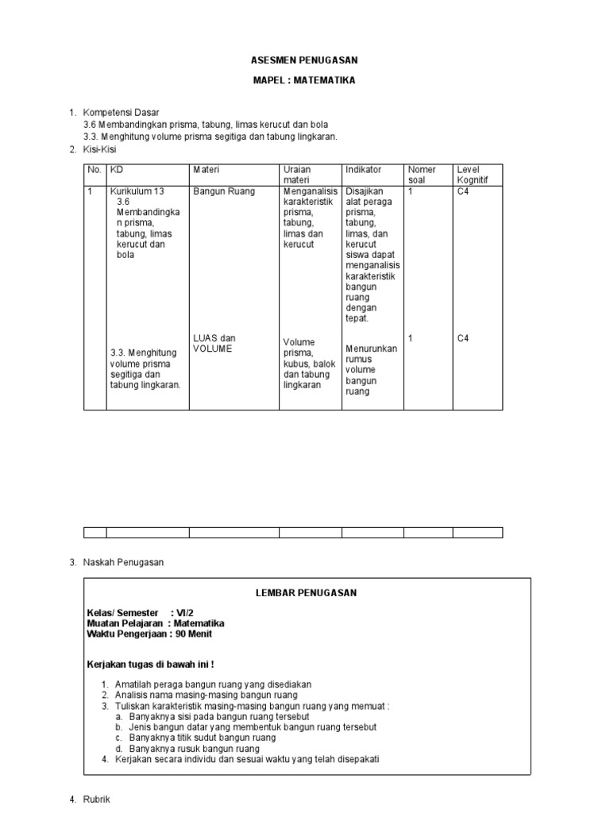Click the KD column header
pyautogui.click(x=116, y=170)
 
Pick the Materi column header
pyautogui.click(x=206, y=170)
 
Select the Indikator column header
pyautogui.click(x=364, y=170)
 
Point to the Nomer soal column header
pyautogui.click(x=422, y=175)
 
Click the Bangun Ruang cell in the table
pyautogui.click(x=222, y=191)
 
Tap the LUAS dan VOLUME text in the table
pyautogui.click(x=214, y=343)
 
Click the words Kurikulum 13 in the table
pyautogui.click(x=137, y=191)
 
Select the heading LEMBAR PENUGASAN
pyautogui.click(x=307, y=592)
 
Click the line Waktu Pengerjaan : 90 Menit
pyautogui.click(x=149, y=634)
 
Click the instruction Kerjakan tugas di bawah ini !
pyautogui.click(x=150, y=663)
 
